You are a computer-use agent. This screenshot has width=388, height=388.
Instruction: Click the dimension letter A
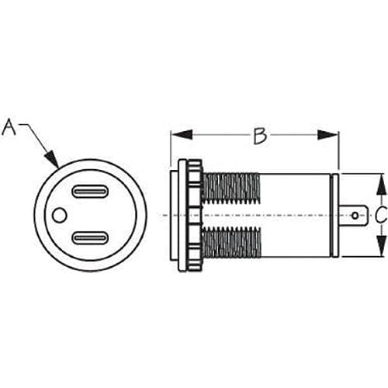coord(9,127)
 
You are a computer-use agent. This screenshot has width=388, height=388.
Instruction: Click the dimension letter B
coord(260,136)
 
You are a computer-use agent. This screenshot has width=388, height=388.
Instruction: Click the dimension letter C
coord(381,215)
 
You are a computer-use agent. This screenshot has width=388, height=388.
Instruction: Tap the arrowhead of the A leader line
coord(51,158)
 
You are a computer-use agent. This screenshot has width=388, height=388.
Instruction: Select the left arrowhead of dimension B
coord(182,135)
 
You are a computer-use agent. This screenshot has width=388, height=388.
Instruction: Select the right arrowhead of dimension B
coord(327,135)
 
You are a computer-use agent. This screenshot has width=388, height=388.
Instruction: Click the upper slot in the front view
coord(90,192)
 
